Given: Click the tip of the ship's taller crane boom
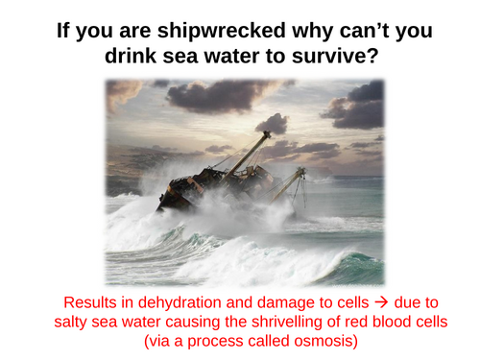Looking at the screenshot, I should click(268, 134).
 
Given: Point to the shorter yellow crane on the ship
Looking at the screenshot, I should click(291, 182).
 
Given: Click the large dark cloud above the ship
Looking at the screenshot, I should click(211, 93).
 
